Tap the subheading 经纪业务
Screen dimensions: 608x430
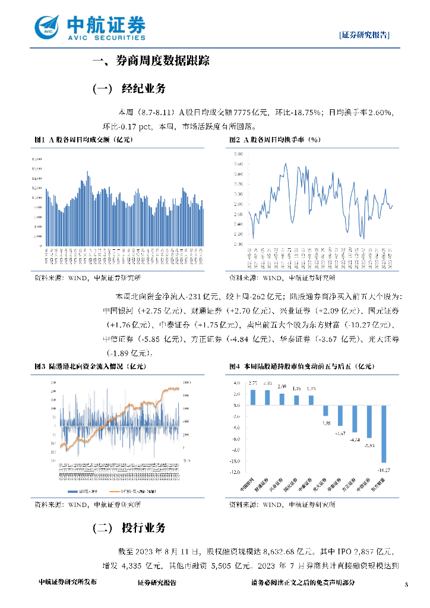coord(143,89)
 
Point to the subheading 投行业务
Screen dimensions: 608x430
coord(143,528)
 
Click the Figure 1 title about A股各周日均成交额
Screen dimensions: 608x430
coord(84,140)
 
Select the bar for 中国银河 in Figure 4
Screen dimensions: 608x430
coord(253,397)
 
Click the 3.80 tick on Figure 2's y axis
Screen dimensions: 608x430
coord(238,154)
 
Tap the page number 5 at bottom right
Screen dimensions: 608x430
coord(407,585)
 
